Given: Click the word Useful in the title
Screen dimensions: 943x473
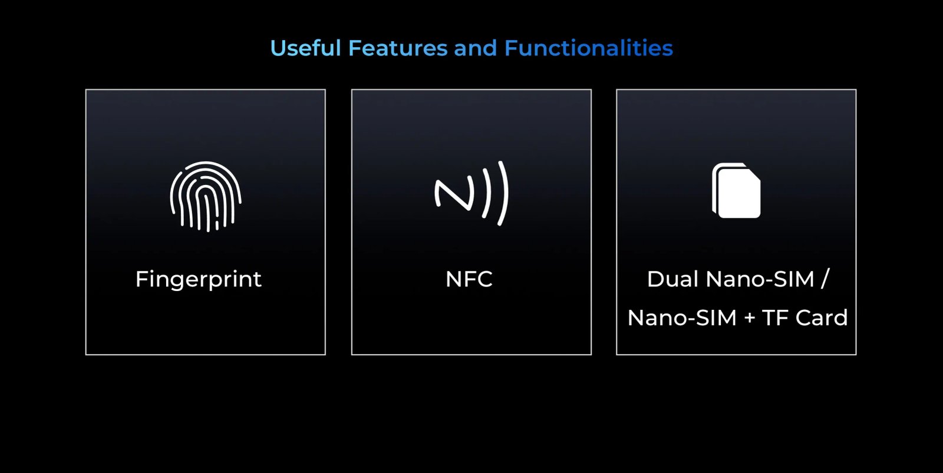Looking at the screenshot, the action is (x=305, y=48).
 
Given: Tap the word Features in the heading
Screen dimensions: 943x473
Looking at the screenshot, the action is (x=398, y=48).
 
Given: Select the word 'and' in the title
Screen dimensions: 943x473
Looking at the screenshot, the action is (x=475, y=48).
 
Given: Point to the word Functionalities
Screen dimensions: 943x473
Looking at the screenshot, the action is (x=589, y=48).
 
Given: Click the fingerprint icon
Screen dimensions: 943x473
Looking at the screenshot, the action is (x=206, y=197).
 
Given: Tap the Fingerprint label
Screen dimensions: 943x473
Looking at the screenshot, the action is (x=198, y=280).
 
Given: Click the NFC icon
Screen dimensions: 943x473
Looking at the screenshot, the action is (x=471, y=194).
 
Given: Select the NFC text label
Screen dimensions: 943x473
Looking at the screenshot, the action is (x=469, y=279).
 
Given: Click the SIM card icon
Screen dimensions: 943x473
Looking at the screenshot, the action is (x=736, y=191).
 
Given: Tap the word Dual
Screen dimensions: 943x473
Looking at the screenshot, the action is (x=672, y=279).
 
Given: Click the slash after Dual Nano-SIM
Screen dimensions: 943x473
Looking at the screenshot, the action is (x=825, y=279).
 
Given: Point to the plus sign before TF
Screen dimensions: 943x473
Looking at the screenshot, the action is (x=749, y=318).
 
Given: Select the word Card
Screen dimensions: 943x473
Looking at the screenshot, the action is (x=822, y=317).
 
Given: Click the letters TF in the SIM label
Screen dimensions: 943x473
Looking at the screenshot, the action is (x=774, y=317).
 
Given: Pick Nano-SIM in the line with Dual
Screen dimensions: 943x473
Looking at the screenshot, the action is (x=760, y=279).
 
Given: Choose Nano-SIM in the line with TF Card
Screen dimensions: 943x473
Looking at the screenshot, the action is (x=682, y=317).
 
